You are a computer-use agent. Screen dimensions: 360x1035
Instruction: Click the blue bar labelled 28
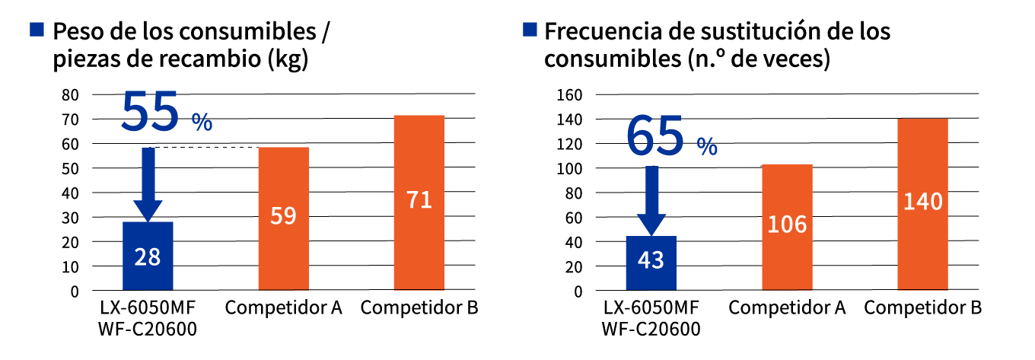tap(148, 256)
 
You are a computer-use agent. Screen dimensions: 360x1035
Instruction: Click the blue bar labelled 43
tap(651, 263)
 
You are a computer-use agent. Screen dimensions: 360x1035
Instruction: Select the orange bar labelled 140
tap(923, 204)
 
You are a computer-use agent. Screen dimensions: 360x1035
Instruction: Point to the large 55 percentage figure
tap(151, 112)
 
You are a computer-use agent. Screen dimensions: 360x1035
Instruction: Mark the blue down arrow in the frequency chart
tap(651, 200)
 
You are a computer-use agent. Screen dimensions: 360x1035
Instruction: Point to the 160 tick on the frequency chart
tap(571, 95)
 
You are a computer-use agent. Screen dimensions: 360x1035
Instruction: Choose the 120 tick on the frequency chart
tap(571, 144)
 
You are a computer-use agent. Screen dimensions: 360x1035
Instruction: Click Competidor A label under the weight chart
tap(283, 308)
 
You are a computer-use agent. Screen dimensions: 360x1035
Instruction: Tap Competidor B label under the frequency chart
tap(923, 308)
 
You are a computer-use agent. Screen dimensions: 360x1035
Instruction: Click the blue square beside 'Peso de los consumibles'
tap(36, 30)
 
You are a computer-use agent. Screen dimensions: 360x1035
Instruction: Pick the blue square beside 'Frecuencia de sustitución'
tap(530, 30)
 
